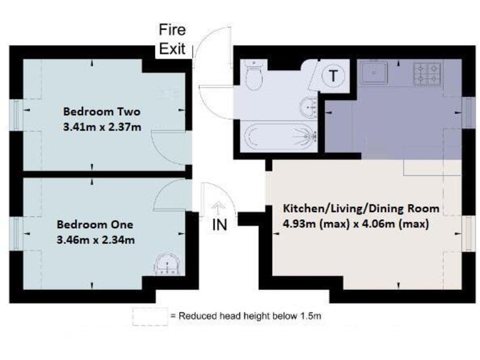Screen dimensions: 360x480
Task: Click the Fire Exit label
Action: (172, 39)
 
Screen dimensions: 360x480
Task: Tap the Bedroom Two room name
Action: (102, 112)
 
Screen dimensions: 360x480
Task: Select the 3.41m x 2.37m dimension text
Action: (102, 127)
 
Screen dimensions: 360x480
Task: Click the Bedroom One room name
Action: (95, 224)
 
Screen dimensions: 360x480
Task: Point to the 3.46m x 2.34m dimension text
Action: (95, 239)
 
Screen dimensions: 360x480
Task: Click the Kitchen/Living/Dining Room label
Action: (361, 208)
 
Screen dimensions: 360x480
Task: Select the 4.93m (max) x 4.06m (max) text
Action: (356, 224)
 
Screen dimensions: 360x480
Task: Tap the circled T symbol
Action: (335, 77)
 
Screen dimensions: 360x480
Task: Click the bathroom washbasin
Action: (309, 107)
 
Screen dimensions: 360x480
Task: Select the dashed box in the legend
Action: (149, 316)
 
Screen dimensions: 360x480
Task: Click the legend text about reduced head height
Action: (246, 316)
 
